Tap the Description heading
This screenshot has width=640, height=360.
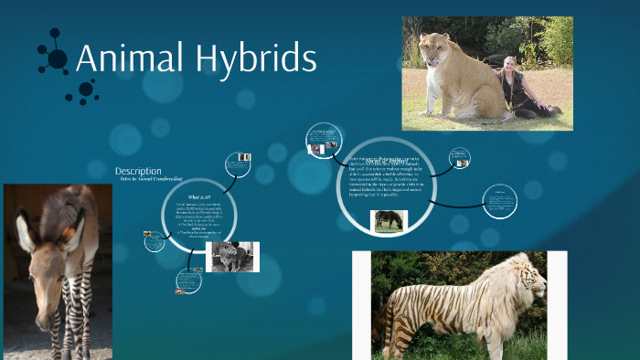pos(138,171)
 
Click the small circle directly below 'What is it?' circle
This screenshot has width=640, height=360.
pos(188,280)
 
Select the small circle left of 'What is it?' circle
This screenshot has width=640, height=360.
pos(153,240)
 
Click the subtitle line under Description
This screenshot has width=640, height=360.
pos(148,180)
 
